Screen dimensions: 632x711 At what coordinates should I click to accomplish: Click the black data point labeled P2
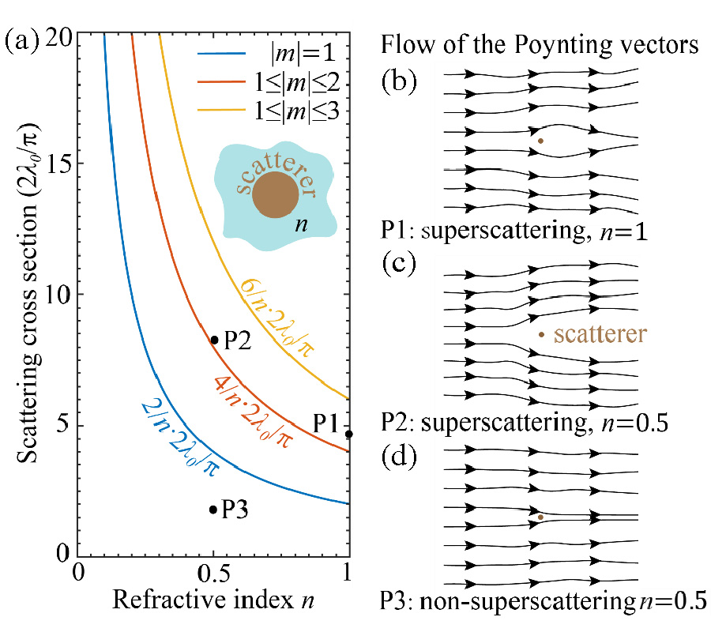click(x=213, y=340)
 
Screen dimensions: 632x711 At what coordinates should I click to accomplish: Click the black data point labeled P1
click(x=348, y=434)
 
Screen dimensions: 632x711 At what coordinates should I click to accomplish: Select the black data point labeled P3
click(x=213, y=510)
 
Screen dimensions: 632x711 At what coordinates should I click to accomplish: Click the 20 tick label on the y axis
click(x=53, y=35)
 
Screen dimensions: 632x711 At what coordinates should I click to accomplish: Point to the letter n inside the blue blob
click(x=300, y=224)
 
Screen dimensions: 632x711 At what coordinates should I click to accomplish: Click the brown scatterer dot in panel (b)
click(x=540, y=141)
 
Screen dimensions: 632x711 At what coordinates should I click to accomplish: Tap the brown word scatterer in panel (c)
click(x=600, y=333)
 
